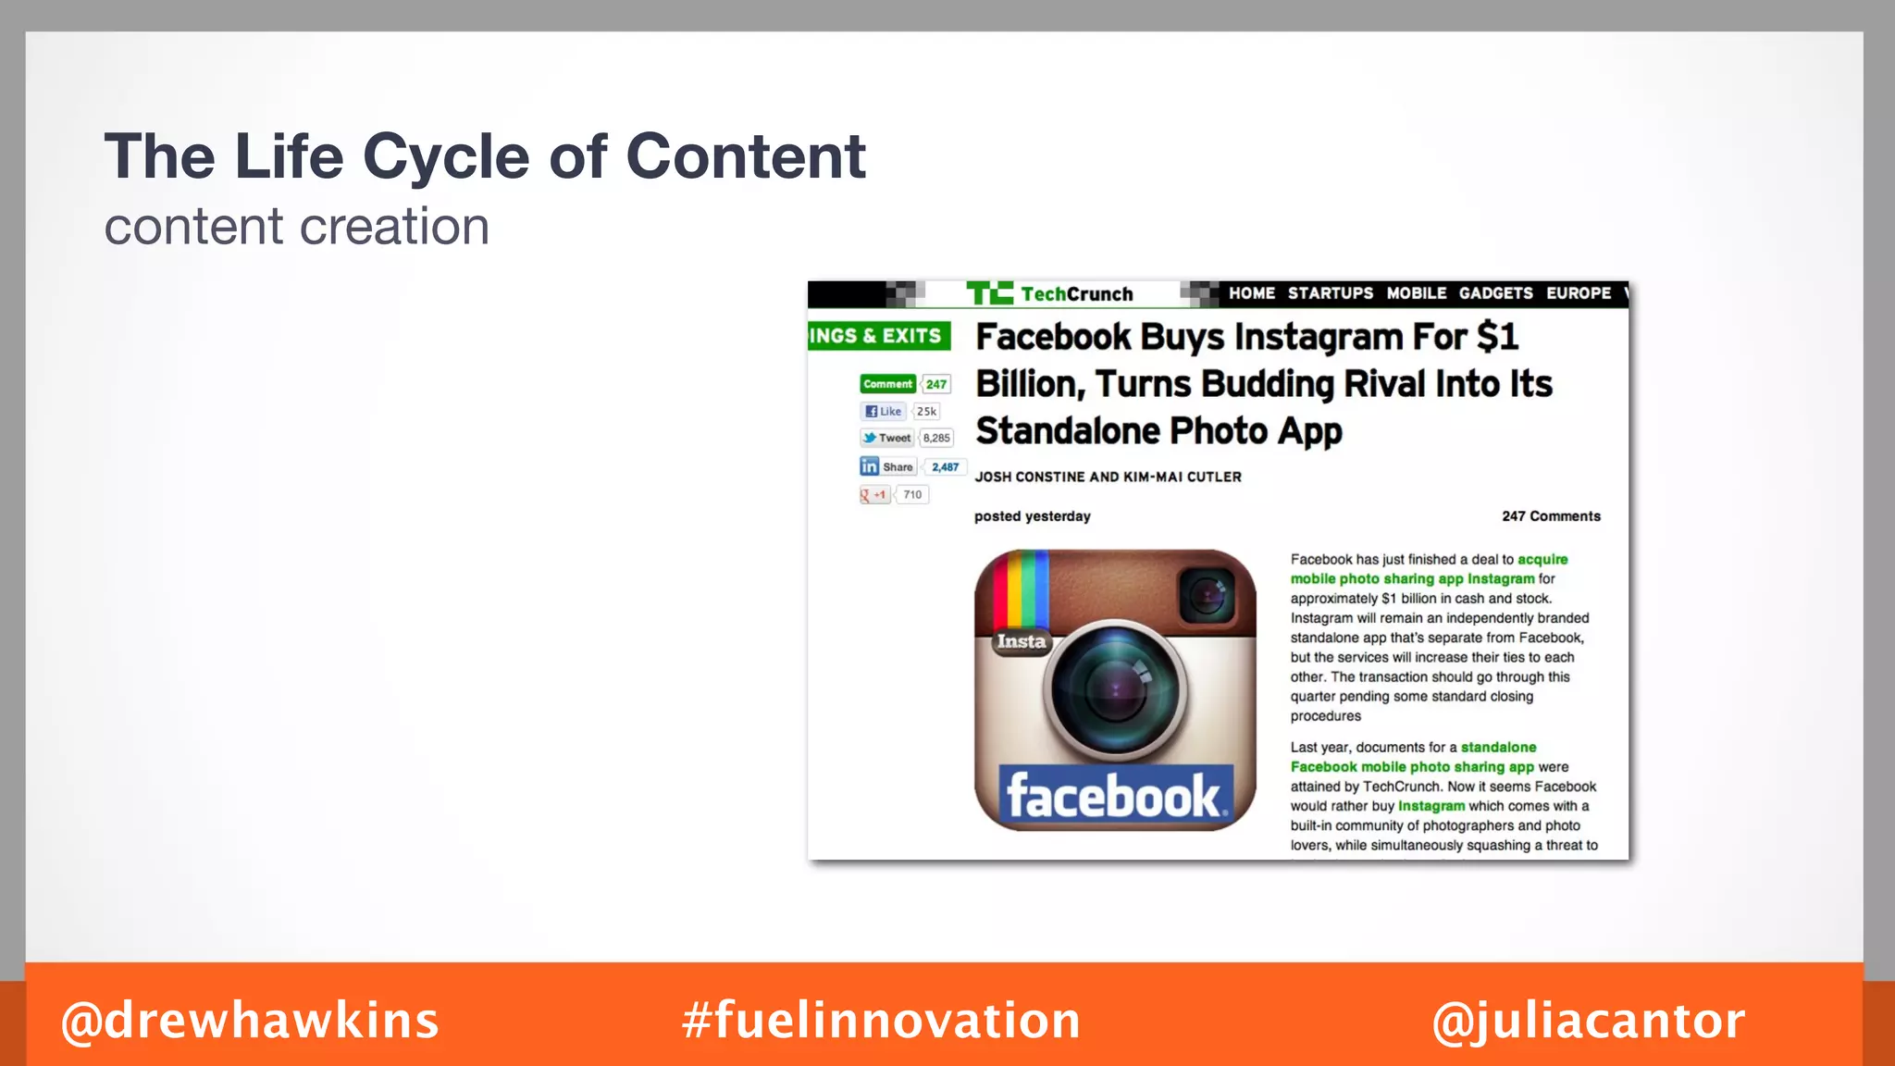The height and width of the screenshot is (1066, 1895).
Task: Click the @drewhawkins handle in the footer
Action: point(250,1021)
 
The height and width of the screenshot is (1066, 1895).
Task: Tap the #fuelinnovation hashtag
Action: point(881,1021)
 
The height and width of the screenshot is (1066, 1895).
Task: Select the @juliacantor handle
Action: point(1588,1021)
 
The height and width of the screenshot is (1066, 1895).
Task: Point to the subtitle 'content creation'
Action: point(296,227)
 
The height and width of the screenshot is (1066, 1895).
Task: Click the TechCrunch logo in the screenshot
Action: point(1050,293)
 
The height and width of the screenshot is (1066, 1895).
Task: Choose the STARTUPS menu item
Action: point(1331,293)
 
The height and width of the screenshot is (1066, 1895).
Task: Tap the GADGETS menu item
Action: point(1495,293)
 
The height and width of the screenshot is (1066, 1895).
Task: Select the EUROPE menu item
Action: point(1579,293)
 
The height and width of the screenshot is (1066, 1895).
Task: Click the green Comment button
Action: point(887,384)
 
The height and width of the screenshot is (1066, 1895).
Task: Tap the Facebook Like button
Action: point(883,412)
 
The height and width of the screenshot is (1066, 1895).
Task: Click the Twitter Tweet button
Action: point(886,439)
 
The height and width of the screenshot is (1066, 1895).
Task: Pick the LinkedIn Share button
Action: point(887,466)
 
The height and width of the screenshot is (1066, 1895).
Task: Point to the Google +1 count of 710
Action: point(912,495)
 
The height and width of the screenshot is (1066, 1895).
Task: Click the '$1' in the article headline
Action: point(1497,337)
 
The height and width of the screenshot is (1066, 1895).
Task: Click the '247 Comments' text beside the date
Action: point(1551,516)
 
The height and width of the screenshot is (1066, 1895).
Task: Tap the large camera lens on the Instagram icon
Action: point(1115,689)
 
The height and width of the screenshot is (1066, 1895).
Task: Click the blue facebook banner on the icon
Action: point(1115,796)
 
